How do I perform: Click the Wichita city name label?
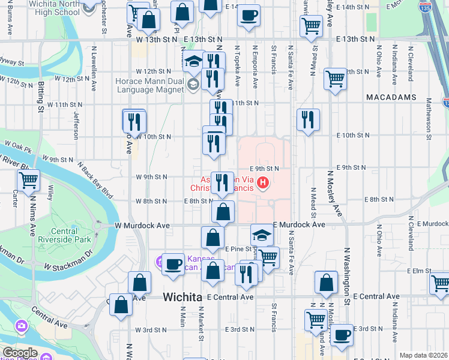click(x=183, y=297)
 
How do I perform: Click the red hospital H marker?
click(x=262, y=182)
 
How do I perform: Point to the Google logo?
click(x=19, y=353)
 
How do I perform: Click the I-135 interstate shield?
click(x=425, y=8)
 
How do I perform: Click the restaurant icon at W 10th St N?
click(x=135, y=122)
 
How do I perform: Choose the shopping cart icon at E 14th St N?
click(x=311, y=26)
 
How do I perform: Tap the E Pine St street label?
click(x=237, y=248)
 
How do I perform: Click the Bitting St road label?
click(x=41, y=94)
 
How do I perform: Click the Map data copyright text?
click(x=423, y=355)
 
